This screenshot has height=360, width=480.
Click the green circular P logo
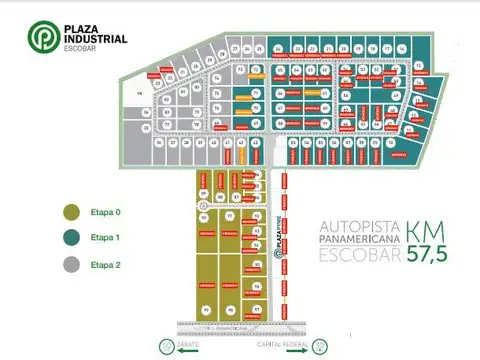pos(42,37)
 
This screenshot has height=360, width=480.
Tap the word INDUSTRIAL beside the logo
pos(92,39)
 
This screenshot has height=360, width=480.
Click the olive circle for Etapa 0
pos(71,212)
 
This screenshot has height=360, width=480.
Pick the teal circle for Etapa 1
pos(71,239)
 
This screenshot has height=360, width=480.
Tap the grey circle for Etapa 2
pos(71,265)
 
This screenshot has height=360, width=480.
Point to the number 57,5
pos(428,254)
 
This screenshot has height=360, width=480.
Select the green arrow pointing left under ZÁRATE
pos(188,349)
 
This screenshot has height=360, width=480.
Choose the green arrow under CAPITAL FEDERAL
pos(290,349)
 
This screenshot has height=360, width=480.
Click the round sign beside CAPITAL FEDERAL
pos(318,346)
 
